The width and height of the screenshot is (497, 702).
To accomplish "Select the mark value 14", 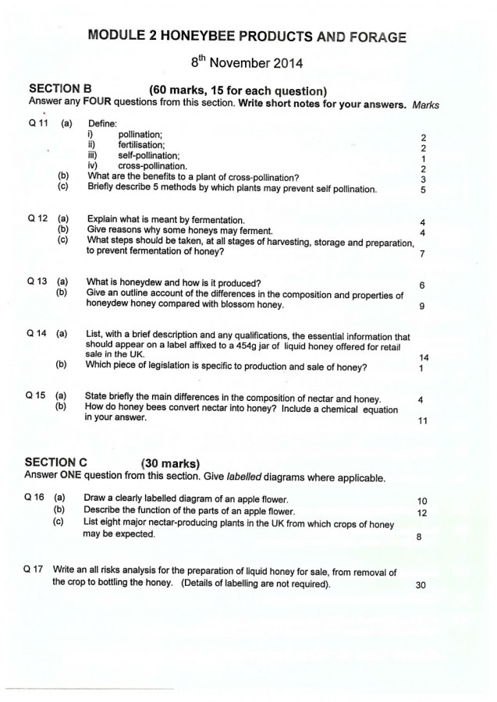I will pos(423,356).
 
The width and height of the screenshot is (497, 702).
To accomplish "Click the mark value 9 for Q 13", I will pos(421,306).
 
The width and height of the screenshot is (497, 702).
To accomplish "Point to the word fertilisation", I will pos(141,144).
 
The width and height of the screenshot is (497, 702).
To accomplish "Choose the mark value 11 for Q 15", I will pos(422,421).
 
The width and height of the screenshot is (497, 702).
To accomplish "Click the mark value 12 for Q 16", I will pos(422,512).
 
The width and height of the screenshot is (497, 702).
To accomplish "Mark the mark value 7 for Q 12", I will pos(421,253).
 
